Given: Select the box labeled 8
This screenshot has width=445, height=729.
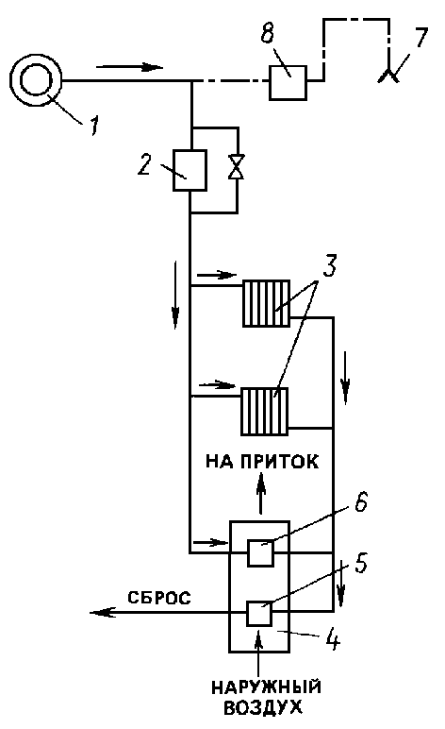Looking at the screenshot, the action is pyautogui.click(x=288, y=82).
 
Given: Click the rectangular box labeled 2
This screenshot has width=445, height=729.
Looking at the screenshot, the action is pyautogui.click(x=190, y=170).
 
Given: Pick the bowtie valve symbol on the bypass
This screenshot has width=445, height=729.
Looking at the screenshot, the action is pyautogui.click(x=238, y=166).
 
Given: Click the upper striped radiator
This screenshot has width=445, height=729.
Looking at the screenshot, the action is pyautogui.click(x=267, y=303).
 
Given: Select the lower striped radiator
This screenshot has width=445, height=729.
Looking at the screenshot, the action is pyautogui.click(x=264, y=411).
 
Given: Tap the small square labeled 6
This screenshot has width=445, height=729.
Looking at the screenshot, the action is pyautogui.click(x=260, y=552).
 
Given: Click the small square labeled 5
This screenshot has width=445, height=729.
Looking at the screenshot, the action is pyautogui.click(x=259, y=613).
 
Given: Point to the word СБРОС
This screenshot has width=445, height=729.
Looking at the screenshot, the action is pyautogui.click(x=159, y=598).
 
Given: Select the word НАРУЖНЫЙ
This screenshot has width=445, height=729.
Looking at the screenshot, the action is pyautogui.click(x=267, y=687).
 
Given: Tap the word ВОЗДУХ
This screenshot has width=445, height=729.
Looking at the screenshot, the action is pyautogui.click(x=263, y=707).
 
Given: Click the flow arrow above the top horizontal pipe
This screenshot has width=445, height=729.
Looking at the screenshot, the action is pyautogui.click(x=130, y=67).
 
